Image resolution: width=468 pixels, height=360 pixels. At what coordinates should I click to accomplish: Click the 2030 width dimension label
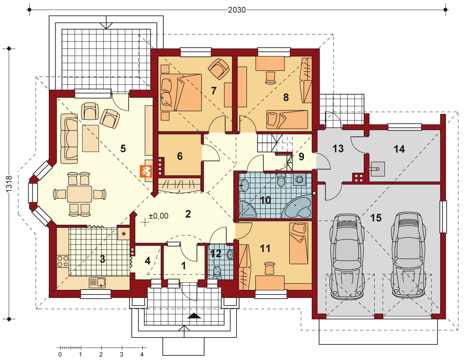point(237,10)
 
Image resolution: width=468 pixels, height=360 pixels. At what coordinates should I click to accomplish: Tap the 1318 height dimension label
point(9,184)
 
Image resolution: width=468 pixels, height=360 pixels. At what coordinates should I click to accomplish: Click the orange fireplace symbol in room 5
point(146,171)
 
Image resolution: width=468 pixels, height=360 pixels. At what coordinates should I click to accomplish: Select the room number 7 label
point(213,91)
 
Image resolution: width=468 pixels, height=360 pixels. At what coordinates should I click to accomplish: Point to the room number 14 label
point(399,149)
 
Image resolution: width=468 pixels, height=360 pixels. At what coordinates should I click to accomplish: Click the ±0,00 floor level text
point(158,216)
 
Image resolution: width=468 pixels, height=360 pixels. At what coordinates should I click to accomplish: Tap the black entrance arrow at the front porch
point(194,316)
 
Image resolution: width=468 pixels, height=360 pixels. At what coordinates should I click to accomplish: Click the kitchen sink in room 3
point(97,283)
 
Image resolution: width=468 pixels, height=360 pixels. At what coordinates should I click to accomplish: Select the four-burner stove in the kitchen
point(63,261)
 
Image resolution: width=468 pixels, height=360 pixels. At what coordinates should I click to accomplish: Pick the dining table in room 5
point(80,194)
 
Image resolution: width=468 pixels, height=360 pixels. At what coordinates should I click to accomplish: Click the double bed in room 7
point(181,93)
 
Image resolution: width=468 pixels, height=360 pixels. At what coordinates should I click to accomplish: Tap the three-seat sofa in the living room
point(69,139)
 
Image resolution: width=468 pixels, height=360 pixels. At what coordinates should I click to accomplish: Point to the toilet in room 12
point(217,273)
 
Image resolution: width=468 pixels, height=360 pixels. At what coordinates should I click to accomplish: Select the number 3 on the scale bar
point(121,354)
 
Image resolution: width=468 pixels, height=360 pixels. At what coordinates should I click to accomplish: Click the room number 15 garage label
point(376,218)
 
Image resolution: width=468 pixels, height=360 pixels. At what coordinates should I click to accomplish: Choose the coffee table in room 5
point(91,138)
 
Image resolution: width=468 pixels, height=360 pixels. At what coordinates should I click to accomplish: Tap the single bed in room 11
point(299,243)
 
